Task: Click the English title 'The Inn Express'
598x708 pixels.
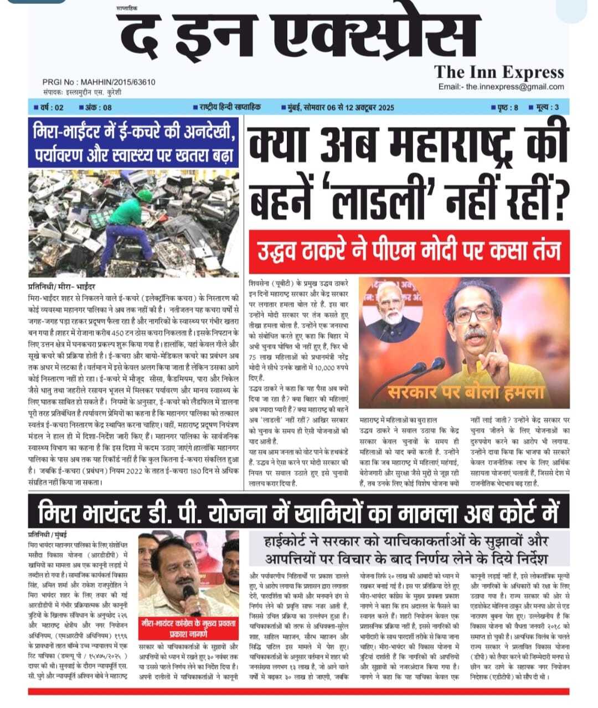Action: [x=499, y=72]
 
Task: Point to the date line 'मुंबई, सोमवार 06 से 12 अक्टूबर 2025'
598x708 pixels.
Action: [x=337, y=107]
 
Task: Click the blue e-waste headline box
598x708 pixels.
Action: [x=133, y=142]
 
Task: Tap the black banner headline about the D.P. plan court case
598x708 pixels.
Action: [x=298, y=511]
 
